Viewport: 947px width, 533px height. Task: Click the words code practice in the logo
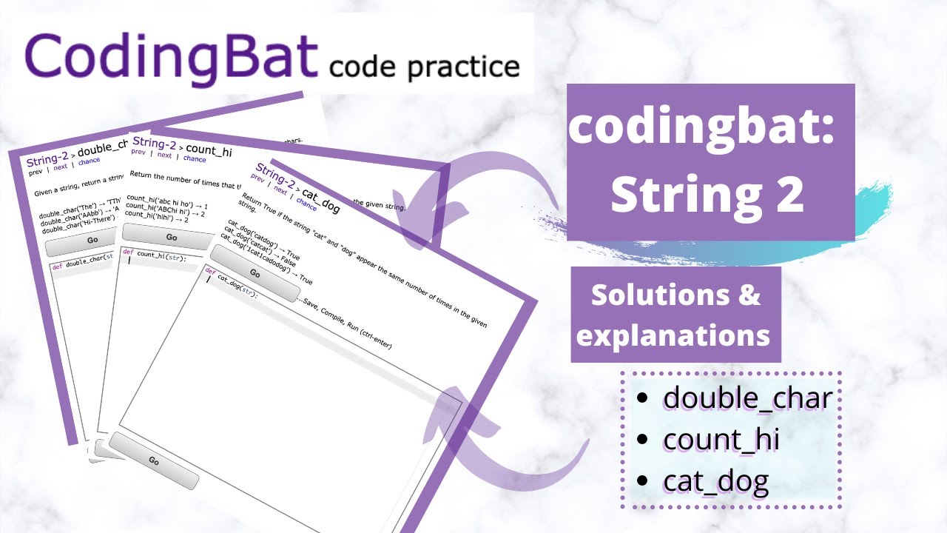(424, 67)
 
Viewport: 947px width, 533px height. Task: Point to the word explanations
(673, 335)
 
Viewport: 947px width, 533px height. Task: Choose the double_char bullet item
(747, 398)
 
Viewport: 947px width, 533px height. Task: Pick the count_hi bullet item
(721, 440)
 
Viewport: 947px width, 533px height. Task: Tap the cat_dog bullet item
(715, 482)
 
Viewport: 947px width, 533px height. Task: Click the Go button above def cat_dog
(254, 273)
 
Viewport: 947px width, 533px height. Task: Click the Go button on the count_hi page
(171, 237)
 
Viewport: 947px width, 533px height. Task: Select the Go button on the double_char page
(92, 240)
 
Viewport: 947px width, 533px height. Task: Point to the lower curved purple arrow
(510, 452)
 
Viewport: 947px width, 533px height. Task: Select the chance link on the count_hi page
(195, 158)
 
